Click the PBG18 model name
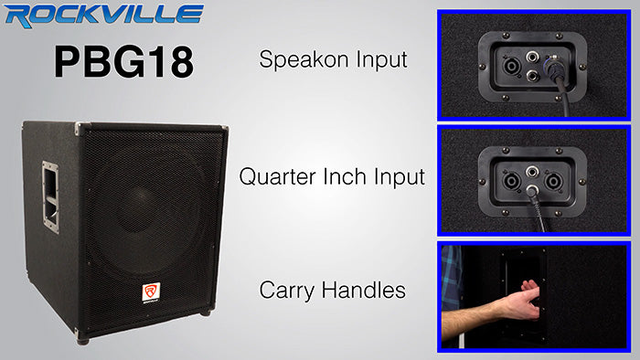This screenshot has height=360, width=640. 123,61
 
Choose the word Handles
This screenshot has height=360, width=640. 366,291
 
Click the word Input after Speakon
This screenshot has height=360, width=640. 383,61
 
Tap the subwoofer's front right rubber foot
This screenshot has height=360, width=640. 205,312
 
